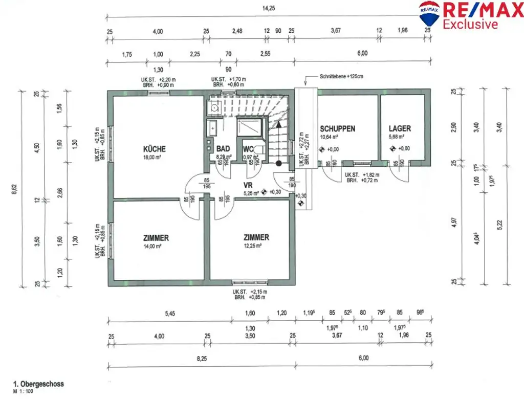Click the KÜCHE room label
point(155,149)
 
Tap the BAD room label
point(222,149)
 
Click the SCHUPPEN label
point(337,129)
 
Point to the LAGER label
point(399,129)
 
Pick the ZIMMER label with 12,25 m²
point(256,237)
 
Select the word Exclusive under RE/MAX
point(470,24)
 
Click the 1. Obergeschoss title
point(38,384)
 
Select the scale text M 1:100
point(24,391)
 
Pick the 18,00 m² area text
point(154,158)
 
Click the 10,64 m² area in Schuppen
point(330,138)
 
